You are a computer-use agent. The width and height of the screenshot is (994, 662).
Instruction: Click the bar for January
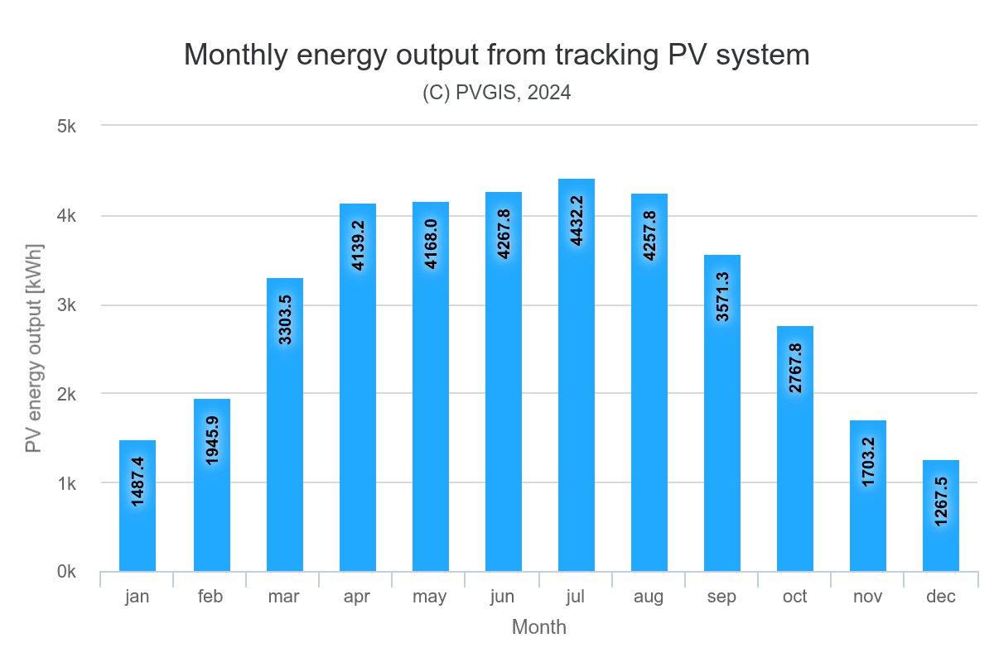point(138,538)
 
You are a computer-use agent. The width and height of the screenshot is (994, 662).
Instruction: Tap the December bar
point(941,546)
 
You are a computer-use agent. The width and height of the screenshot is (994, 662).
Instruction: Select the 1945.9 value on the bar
point(213,434)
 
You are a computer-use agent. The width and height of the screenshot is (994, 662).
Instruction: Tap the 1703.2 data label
point(869,456)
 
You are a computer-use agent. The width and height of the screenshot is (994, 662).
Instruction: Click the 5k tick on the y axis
point(66,127)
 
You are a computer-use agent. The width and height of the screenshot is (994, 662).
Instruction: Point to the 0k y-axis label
point(66,573)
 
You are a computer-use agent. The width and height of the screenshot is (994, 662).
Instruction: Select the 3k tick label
point(66,305)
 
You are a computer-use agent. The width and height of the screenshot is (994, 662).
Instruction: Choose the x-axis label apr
point(357,597)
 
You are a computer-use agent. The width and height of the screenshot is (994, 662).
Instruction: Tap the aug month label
point(649,597)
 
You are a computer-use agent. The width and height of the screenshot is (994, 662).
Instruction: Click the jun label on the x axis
point(503,597)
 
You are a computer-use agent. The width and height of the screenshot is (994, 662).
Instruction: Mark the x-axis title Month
point(539,627)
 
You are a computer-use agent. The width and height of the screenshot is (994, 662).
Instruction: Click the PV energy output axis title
point(34,348)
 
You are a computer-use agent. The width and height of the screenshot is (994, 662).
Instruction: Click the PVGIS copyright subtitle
point(497,93)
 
